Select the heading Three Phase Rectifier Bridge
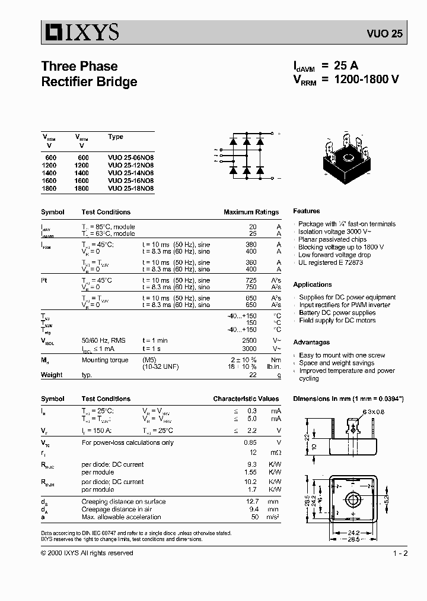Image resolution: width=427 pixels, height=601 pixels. click(x=89, y=74)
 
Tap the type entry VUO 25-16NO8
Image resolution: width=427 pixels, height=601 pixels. click(x=130, y=181)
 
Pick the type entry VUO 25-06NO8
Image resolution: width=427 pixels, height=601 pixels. click(x=130, y=157)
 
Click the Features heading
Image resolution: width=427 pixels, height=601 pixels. click(x=307, y=211)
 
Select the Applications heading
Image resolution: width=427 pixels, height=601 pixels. click(x=313, y=284)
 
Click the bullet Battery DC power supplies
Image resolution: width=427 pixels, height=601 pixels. click(x=337, y=312)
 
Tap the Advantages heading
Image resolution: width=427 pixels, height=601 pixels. click(x=311, y=342)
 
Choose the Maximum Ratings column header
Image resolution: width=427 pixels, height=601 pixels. click(x=251, y=212)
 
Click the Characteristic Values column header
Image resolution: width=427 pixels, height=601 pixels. click(x=246, y=399)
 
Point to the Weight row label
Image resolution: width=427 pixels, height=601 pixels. click(x=52, y=375)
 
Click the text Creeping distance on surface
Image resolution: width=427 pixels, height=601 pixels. click(x=123, y=502)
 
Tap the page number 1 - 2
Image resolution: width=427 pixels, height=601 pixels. click(x=400, y=553)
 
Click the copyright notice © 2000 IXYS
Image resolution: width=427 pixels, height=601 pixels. click(x=87, y=553)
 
